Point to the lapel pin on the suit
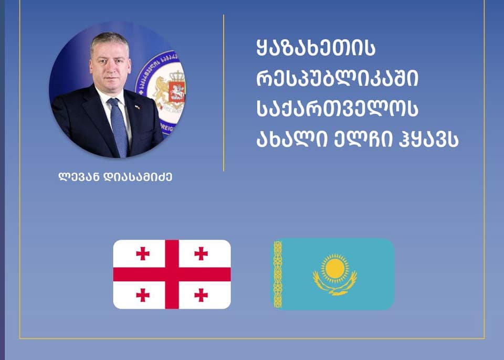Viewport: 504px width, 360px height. pos(138,107)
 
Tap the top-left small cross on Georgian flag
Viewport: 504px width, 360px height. pos(143,253)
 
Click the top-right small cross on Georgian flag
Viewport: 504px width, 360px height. pos(201,253)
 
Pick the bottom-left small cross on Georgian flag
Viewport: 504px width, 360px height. pos(143,295)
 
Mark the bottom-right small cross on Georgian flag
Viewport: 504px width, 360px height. pos(201,295)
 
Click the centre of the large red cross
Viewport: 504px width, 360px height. pos(172,274)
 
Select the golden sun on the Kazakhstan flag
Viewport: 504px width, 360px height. pos(334,267)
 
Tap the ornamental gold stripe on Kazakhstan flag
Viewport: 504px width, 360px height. pos(278,274)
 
